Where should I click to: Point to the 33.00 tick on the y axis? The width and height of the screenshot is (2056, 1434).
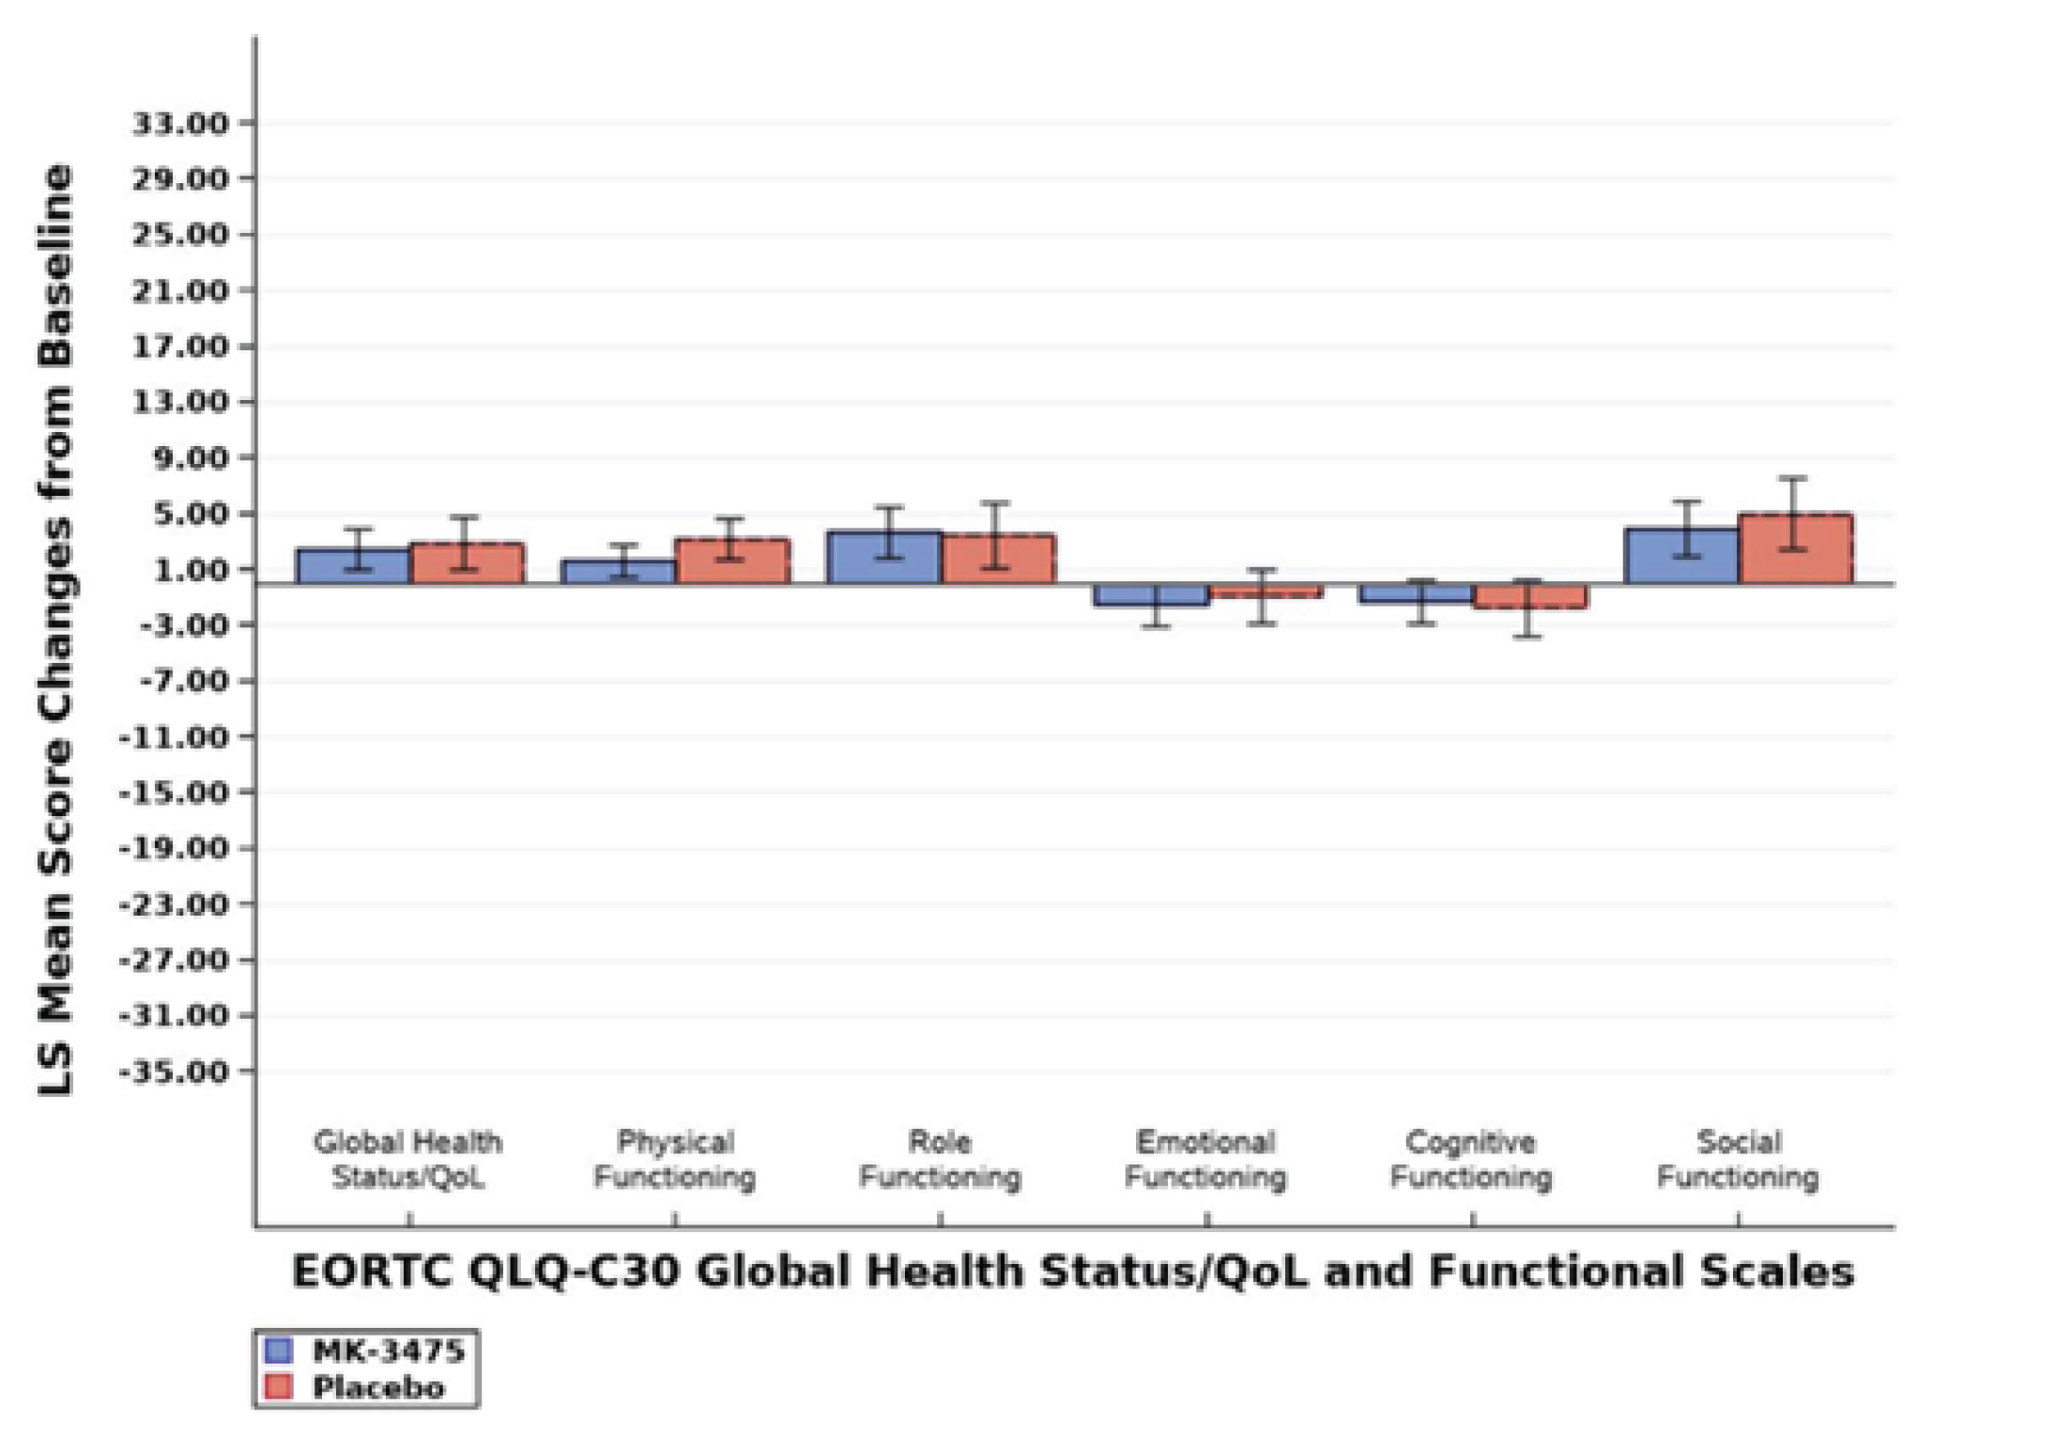[x=180, y=123]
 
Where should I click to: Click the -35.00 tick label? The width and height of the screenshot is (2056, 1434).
[x=175, y=1072]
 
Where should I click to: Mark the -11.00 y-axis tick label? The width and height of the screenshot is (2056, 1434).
[x=175, y=737]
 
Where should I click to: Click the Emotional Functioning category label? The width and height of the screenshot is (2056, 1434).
[x=1205, y=1159]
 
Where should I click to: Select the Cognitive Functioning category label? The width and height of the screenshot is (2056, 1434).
[x=1471, y=1159]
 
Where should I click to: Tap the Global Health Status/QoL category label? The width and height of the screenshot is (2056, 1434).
[x=408, y=1159]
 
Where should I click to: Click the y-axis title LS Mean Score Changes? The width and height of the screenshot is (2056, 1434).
[x=56, y=629]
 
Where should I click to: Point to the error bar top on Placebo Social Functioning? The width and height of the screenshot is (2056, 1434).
[x=1793, y=479]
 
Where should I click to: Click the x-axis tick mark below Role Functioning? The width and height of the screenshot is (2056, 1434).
[x=941, y=1220]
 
